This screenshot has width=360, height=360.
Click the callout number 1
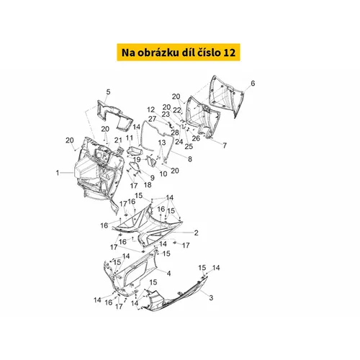58,173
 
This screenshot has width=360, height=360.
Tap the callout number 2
196,233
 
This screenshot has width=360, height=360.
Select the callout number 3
211,298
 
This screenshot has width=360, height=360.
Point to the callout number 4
168,274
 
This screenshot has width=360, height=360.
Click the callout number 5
108,92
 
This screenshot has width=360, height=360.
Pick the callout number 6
253,84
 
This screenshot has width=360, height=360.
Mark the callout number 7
225,145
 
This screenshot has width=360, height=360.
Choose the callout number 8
190,159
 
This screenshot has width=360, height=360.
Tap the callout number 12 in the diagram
151,109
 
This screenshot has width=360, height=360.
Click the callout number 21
118,140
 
